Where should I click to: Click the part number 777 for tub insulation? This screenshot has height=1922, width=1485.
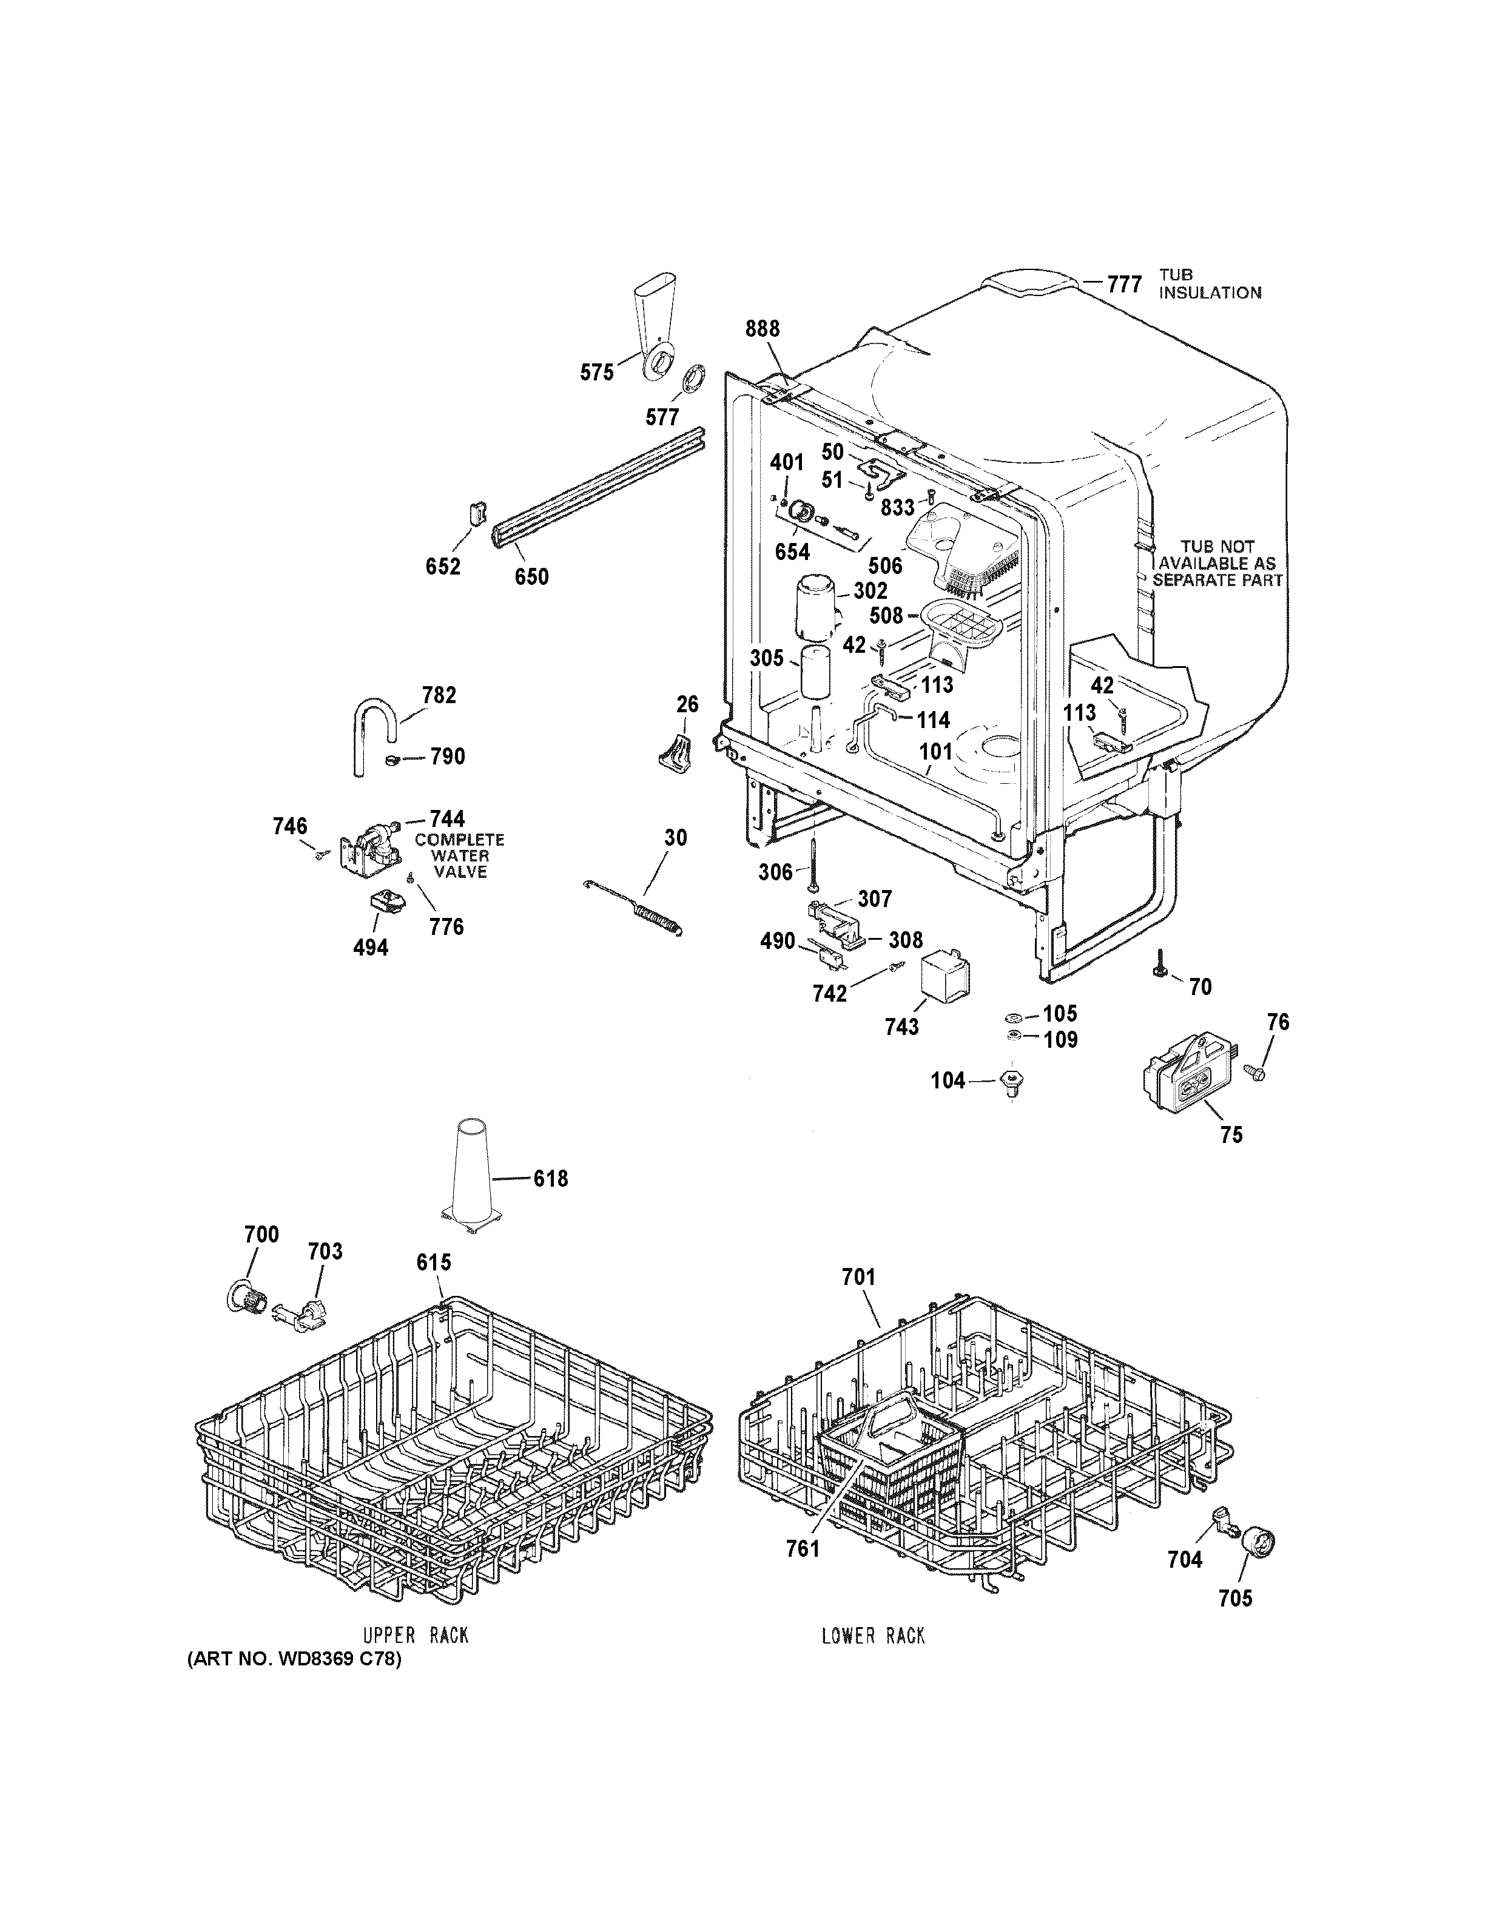pos(1123,285)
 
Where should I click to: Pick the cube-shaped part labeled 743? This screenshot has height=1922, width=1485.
pos(943,982)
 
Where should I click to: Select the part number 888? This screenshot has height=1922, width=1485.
pos(762,329)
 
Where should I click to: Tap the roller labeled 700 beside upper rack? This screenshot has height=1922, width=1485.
pos(244,1299)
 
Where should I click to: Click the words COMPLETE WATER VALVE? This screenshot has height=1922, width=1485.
pos(459,855)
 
